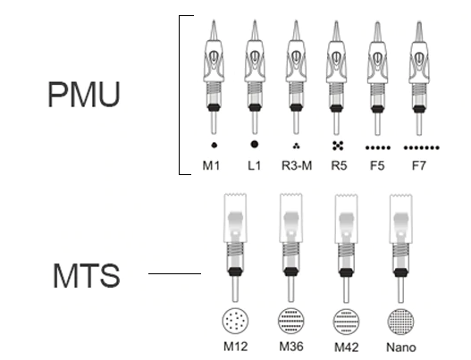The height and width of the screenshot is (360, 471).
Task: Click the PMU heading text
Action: pyautogui.click(x=84, y=95)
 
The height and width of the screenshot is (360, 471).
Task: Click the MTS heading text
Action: pyautogui.click(x=87, y=276)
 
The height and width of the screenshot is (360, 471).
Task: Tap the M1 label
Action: pyautogui.click(x=211, y=165)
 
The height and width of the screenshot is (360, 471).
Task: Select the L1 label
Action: pyautogui.click(x=255, y=165)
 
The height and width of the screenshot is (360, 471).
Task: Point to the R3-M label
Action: pyautogui.click(x=297, y=165)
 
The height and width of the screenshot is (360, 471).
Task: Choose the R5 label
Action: pyautogui.click(x=339, y=165)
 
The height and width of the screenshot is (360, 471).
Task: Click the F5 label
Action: pyautogui.click(x=377, y=165)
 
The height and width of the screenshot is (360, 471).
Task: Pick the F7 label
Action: pyautogui.click(x=419, y=165)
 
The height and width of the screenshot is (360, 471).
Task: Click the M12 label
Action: pyautogui.click(x=236, y=347)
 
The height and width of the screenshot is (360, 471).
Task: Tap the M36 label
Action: pyautogui.click(x=291, y=347)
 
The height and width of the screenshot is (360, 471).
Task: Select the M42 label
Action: pyautogui.click(x=347, y=347)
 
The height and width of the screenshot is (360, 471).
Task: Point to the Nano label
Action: pyautogui.click(x=401, y=347)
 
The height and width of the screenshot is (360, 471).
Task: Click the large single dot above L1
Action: pyautogui.click(x=254, y=145)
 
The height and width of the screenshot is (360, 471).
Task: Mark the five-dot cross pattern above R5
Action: pyautogui.click(x=338, y=146)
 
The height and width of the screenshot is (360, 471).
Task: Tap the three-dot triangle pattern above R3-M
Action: pyautogui.click(x=296, y=147)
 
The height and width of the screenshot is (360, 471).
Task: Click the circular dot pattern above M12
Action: pyautogui.click(x=236, y=321)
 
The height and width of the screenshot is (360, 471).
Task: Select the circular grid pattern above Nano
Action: pyautogui.click(x=400, y=322)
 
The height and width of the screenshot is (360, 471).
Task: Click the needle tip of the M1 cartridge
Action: pyautogui.click(x=214, y=21)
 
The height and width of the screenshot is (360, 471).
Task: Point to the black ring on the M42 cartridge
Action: pyautogui.click(x=346, y=272)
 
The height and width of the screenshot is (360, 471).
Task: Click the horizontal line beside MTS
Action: pyautogui.click(x=174, y=273)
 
